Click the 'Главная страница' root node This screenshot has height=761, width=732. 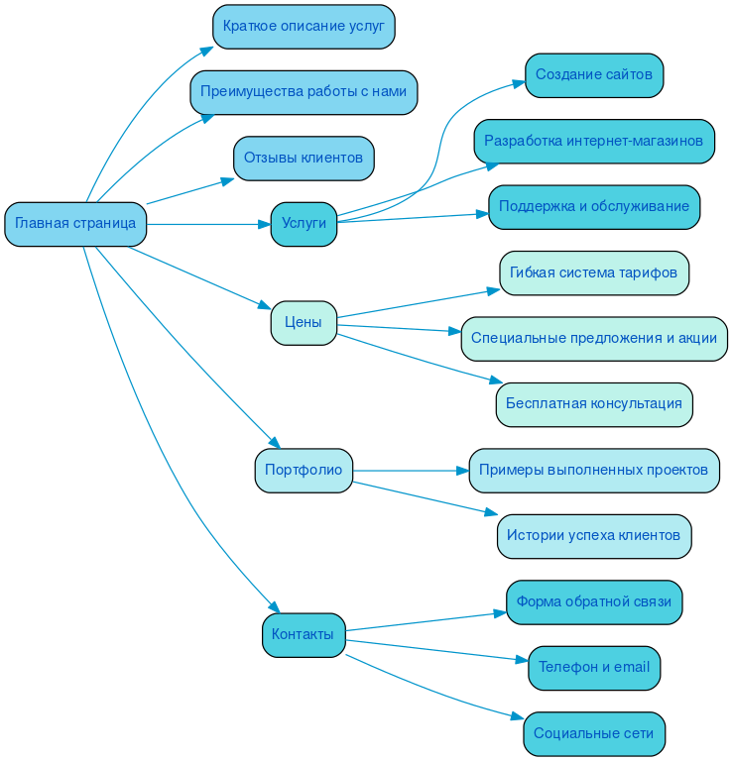tap(75, 224)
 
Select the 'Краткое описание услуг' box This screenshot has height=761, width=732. tap(304, 27)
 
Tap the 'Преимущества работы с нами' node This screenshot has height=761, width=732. tap(304, 92)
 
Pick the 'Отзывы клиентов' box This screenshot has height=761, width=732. tap(304, 158)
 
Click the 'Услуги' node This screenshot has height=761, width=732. tap(304, 224)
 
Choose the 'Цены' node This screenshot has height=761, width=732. tap(304, 322)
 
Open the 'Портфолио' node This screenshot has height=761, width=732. tap(304, 470)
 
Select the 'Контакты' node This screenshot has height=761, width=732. tap(304, 634)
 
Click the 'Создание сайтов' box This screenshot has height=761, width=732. tap(594, 75)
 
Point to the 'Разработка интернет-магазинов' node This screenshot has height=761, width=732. tap(594, 141)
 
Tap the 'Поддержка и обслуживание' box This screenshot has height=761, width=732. tap(594, 206)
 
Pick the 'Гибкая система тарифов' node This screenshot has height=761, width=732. tap(594, 272)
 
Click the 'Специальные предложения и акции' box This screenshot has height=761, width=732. tap(594, 338)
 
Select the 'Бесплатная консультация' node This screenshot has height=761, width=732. tap(594, 404)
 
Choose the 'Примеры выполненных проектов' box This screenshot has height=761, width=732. tap(594, 470)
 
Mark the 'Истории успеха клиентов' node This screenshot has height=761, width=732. tap(594, 535)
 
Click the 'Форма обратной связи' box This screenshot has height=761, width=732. tap(594, 601)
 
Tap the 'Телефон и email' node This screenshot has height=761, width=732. tap(594, 667)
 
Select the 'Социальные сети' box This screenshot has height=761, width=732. tap(594, 733)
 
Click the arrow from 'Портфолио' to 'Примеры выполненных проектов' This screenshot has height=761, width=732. tap(411, 470)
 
